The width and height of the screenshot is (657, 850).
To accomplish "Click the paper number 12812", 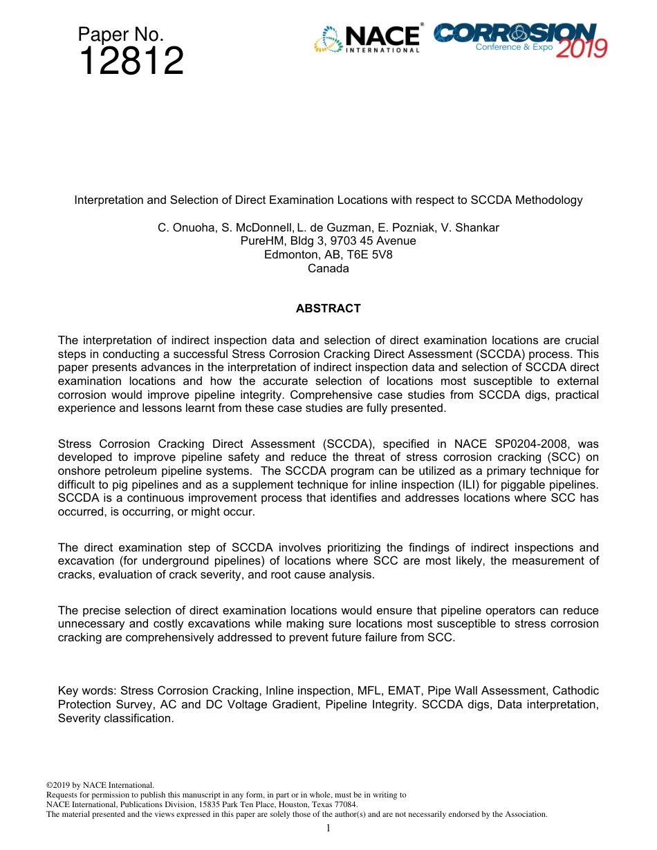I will pyautogui.click(x=131, y=62).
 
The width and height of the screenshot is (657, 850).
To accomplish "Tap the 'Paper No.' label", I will pyautogui.click(x=120, y=35).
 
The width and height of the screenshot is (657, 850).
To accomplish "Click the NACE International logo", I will pyautogui.click(x=367, y=39).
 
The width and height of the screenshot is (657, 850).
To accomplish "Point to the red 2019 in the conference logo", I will pyautogui.click(x=581, y=48).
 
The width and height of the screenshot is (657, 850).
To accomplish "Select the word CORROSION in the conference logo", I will pyautogui.click(x=515, y=32).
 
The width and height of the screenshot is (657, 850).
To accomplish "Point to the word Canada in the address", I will pyautogui.click(x=328, y=269).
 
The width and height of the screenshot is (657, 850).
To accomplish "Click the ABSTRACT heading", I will pyautogui.click(x=328, y=309).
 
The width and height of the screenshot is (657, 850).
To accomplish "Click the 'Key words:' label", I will pyautogui.click(x=87, y=691).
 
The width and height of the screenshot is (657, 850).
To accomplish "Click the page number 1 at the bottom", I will pyautogui.click(x=328, y=828).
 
